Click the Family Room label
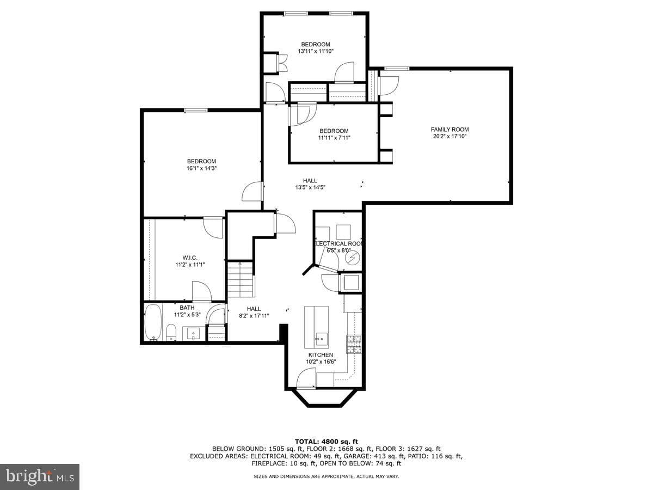(x=449, y=130)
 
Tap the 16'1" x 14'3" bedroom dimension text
(x=201, y=168)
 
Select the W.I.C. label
(x=190, y=258)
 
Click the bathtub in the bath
(x=153, y=322)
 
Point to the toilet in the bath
(x=171, y=332)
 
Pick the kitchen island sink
(x=322, y=339)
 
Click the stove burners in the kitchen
(x=354, y=344)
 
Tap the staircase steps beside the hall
(x=241, y=279)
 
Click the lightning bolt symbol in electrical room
(x=353, y=258)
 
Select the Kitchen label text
(x=321, y=355)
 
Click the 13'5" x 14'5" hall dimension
(x=310, y=187)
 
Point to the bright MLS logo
(x=40, y=477)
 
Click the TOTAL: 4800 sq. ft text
(x=326, y=442)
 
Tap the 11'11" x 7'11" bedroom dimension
(x=334, y=138)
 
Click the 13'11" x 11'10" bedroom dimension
(x=316, y=51)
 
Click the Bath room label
(x=187, y=308)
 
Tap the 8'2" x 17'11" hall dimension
(x=254, y=316)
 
